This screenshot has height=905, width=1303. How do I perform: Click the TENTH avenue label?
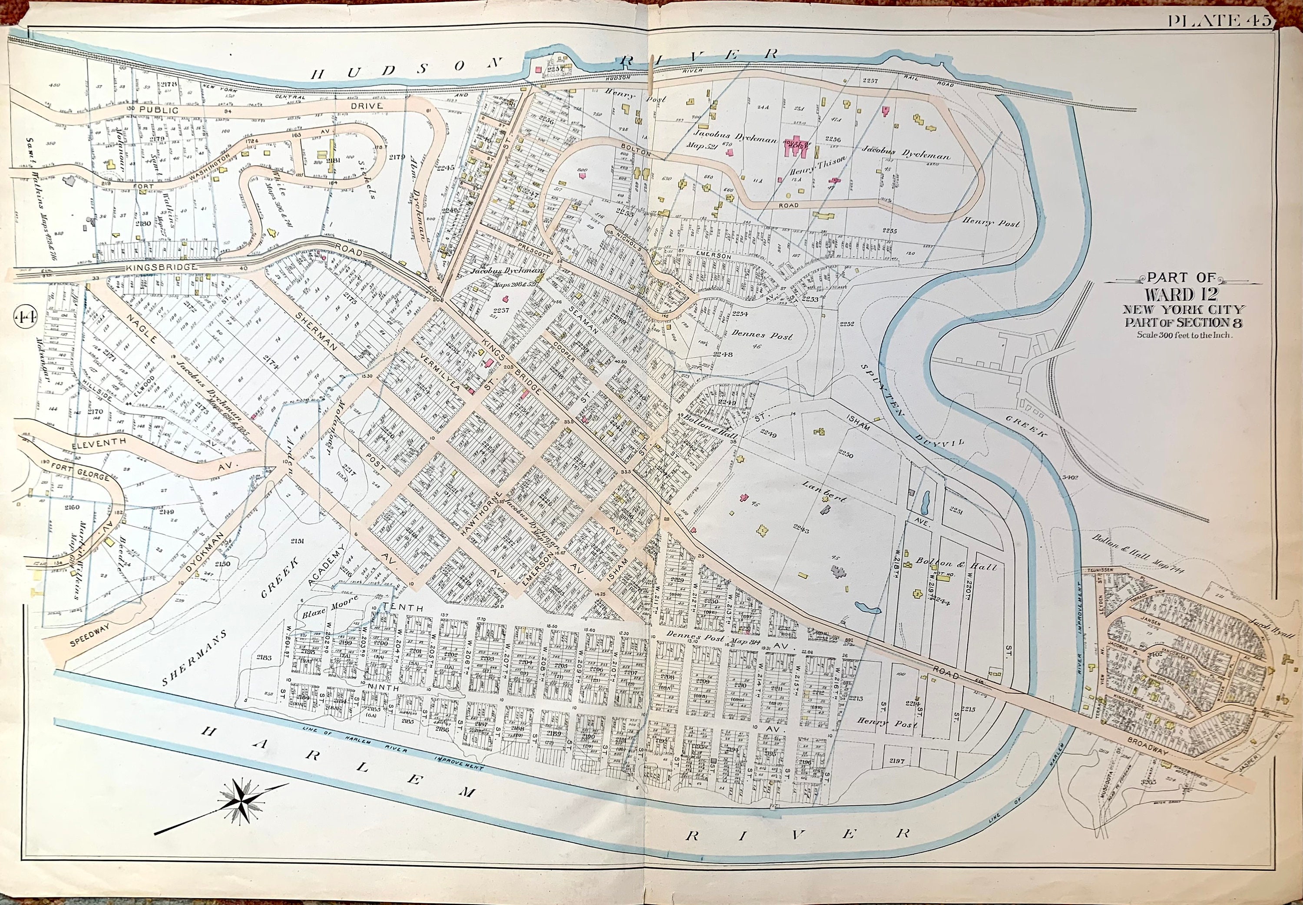coord(403,608)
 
